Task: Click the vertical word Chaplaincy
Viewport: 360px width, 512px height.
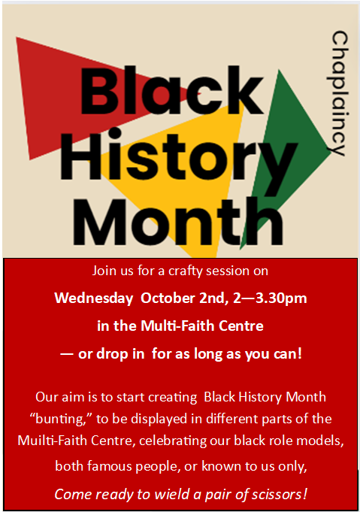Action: (339, 93)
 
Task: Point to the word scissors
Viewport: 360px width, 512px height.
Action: (280, 495)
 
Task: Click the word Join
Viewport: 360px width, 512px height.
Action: (105, 269)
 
